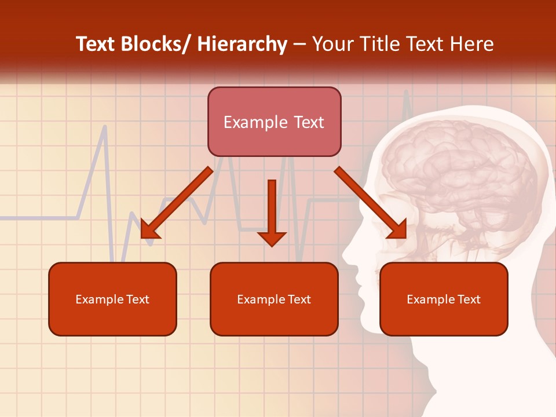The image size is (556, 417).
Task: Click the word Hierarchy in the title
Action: tap(242, 44)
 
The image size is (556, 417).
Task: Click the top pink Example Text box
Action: tap(274, 122)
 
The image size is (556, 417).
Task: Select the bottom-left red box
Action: tap(112, 299)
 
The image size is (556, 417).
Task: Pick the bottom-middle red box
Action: tap(274, 299)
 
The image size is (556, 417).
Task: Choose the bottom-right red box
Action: tap(444, 299)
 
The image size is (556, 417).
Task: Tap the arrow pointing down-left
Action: tap(177, 203)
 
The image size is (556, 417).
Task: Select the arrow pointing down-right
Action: tap(371, 203)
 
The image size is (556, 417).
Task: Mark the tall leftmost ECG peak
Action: tap(104, 129)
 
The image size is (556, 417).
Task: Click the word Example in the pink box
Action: tap(247, 122)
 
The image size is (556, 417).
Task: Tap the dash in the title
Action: tap(299, 44)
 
